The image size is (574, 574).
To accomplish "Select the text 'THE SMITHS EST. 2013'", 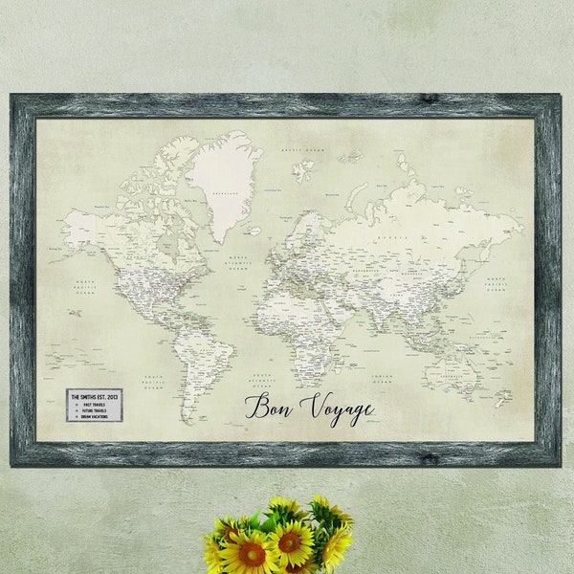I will (x=94, y=394).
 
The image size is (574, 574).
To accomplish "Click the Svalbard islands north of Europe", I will (x=303, y=170).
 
